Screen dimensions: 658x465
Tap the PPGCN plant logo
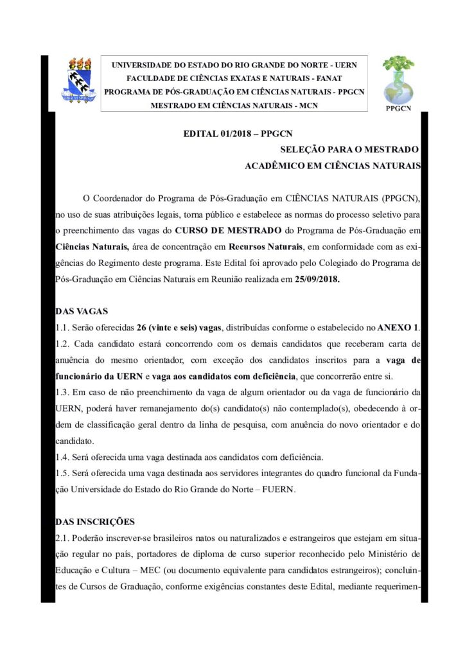(x=398, y=80)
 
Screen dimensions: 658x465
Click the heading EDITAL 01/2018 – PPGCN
(x=238, y=134)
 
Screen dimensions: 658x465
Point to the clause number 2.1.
(x=63, y=538)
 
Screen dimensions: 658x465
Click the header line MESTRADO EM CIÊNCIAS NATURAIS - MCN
(x=234, y=105)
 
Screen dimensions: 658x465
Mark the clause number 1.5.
(x=63, y=474)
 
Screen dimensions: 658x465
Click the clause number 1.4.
(x=63, y=458)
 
